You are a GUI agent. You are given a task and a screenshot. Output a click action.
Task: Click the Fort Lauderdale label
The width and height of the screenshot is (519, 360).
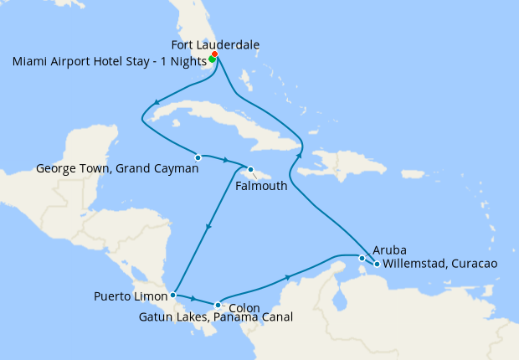pos(215,44)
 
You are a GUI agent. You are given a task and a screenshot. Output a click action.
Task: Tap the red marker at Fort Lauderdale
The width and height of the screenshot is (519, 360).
pos(215,54)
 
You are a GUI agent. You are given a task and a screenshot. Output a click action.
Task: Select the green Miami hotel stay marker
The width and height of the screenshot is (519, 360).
pos(212,59)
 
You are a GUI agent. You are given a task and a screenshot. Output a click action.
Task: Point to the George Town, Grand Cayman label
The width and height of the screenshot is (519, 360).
pos(117,168)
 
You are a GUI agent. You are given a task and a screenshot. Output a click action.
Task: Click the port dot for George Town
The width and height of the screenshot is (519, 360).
pos(198,157)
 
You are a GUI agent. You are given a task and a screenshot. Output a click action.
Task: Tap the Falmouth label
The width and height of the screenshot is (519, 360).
pos(261,186)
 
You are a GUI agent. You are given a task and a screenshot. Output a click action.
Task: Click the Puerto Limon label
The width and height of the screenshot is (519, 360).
pos(131,296)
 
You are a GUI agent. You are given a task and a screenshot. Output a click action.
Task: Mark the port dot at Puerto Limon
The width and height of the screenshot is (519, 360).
pos(172,295)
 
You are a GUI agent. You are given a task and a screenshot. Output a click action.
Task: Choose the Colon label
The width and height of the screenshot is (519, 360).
pos(244,307)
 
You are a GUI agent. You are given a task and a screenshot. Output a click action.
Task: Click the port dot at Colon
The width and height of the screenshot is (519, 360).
pos(218,305)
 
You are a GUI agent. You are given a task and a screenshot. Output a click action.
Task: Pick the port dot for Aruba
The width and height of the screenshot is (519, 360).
pos(362,258)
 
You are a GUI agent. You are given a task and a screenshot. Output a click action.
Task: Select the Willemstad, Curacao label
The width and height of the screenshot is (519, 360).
pos(439,264)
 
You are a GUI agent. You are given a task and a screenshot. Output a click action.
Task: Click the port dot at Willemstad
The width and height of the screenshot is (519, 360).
pos(377,265)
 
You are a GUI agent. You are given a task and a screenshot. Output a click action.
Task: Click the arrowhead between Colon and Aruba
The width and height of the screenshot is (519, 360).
pos(289,276)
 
